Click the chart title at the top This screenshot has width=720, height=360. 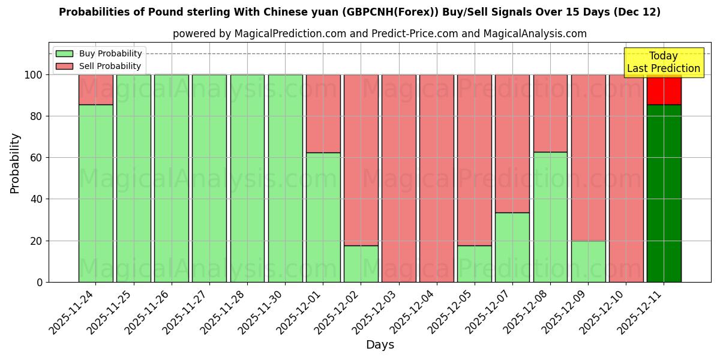(359, 12)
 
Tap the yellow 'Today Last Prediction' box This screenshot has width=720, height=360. (663, 62)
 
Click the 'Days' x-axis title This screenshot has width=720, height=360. (380, 345)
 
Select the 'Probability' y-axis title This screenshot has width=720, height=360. (15, 163)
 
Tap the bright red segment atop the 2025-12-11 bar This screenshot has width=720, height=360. (664, 89)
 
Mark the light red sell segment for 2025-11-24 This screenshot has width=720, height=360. (95, 89)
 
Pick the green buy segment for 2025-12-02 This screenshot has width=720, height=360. (361, 263)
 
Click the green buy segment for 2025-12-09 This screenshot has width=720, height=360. (588, 261)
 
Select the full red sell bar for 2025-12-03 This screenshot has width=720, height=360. (398, 178)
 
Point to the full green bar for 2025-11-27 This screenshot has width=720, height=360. (209, 178)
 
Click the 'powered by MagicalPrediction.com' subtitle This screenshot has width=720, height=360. (380, 34)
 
